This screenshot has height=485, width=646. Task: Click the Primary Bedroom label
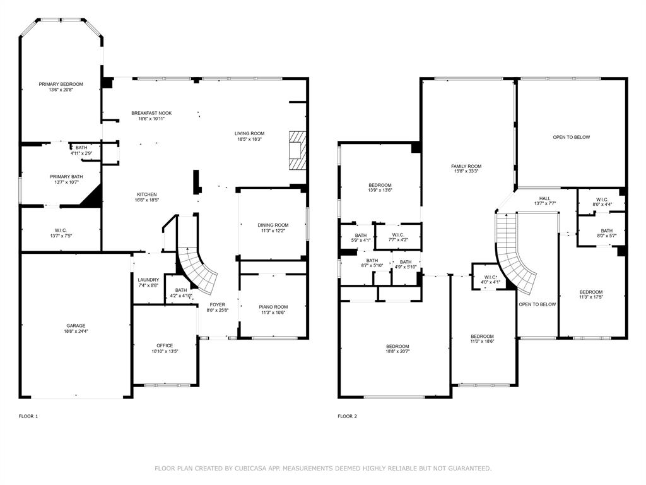61,84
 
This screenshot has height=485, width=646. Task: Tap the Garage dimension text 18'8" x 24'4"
76,332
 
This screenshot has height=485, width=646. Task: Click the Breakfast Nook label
151,113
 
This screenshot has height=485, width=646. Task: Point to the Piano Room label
273,307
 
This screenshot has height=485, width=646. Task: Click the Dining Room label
273,225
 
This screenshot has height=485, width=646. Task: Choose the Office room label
165,345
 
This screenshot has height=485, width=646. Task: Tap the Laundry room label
148,280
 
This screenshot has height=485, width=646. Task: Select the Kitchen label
146,195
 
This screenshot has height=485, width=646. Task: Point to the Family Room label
466,165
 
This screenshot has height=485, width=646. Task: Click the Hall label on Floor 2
544,198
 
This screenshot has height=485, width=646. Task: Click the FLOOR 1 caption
28,416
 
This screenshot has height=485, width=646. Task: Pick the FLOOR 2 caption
347,416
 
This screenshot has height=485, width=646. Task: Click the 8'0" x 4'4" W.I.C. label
601,204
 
